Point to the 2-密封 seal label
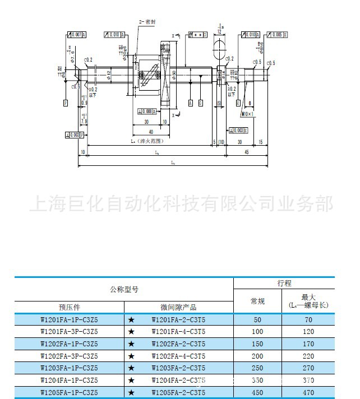coord(146,21)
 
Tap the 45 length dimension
coord(247,152)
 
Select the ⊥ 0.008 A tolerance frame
coord(145,110)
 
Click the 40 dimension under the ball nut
coord(150,132)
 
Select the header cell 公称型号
coord(124,290)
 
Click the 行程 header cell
coord(284,284)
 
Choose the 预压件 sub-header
coord(70,307)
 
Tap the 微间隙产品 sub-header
coord(178,307)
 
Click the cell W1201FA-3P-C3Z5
coord(70,331)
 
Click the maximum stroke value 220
coord(308,355)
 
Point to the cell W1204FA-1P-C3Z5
coord(70,379)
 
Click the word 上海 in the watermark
coord(47,204)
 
